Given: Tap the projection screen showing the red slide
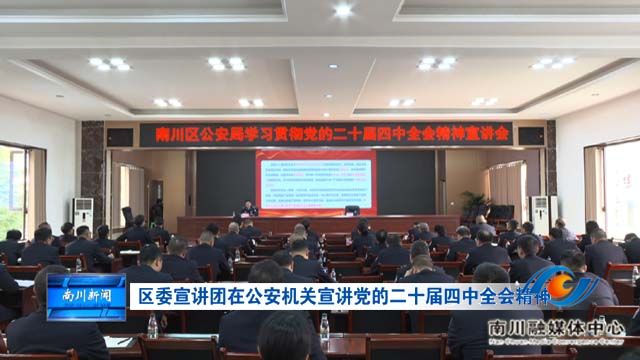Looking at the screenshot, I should pyautogui.click(x=315, y=181).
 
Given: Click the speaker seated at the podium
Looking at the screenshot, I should pyautogui.click(x=248, y=209).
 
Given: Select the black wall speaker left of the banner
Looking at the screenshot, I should pyautogui.click(x=119, y=137).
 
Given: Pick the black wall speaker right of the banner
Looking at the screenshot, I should pyautogui.click(x=532, y=135).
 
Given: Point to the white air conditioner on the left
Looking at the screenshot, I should pyautogui.click(x=83, y=213).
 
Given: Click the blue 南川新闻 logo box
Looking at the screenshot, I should pyautogui.click(x=87, y=295).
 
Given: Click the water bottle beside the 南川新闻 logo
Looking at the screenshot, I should pyautogui.click(x=152, y=325).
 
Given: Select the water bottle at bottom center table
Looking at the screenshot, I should pyautogui.click(x=324, y=326).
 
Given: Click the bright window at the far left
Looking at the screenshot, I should pyautogui.click(x=12, y=190).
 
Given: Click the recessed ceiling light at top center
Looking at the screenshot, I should pyautogui.click(x=343, y=11).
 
